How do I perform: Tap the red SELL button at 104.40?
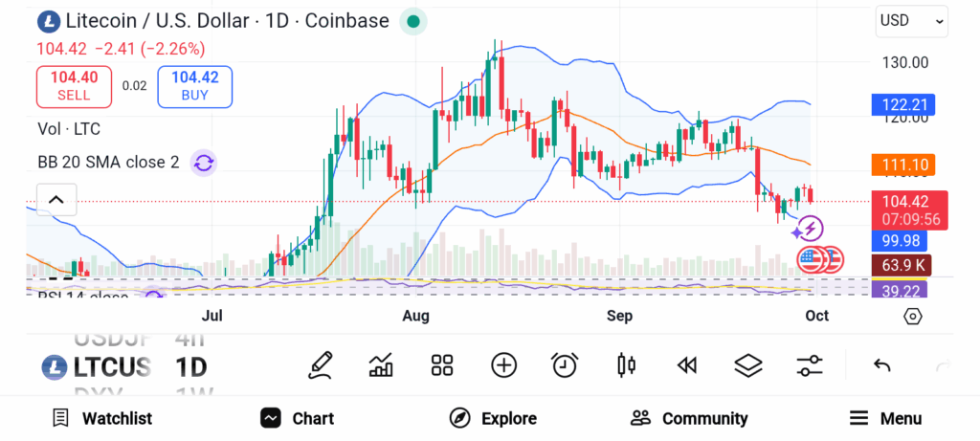click(x=74, y=86)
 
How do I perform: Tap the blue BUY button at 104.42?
click(x=194, y=86)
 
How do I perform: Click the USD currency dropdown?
click(x=912, y=21)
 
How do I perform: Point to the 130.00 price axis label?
click(x=904, y=63)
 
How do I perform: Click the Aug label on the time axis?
click(x=416, y=316)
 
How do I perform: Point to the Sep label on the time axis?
click(x=619, y=316)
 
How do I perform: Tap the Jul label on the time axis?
click(x=212, y=316)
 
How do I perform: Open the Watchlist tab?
click(x=102, y=418)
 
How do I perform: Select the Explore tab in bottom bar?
click(x=493, y=418)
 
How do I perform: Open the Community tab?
click(x=689, y=418)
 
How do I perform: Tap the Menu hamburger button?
click(x=885, y=418)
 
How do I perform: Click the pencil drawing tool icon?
click(x=321, y=364)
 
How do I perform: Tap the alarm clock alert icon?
click(x=565, y=364)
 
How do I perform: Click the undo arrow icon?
click(x=882, y=364)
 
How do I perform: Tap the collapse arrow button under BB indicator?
click(x=56, y=200)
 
